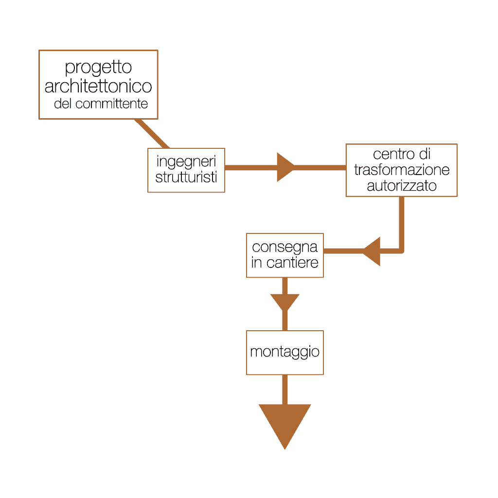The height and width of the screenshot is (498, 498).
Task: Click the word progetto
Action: (x=98, y=68)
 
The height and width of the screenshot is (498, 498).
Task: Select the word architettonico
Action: (x=98, y=87)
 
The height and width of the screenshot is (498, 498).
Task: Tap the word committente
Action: (x=112, y=104)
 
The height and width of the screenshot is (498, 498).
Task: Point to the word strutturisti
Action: (x=186, y=177)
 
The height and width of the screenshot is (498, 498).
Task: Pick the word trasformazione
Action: (x=402, y=170)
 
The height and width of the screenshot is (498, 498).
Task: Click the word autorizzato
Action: (x=402, y=186)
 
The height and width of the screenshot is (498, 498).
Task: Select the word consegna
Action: (x=285, y=247)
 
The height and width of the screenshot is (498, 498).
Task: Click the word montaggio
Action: (x=285, y=352)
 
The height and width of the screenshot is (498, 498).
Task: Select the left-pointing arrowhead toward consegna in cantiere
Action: (x=372, y=251)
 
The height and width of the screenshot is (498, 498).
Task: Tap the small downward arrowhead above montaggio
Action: (x=285, y=302)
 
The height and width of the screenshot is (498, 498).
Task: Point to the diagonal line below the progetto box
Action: (x=152, y=133)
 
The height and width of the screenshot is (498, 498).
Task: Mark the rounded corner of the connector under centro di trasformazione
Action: (x=401, y=250)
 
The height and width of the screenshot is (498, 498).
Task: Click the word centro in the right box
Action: (x=391, y=155)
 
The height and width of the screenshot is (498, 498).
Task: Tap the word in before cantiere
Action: (x=256, y=263)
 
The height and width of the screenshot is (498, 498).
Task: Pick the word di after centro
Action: (x=424, y=155)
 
